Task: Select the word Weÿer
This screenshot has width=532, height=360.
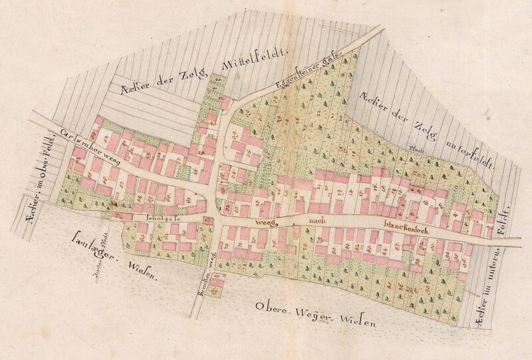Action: click(317, 313)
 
